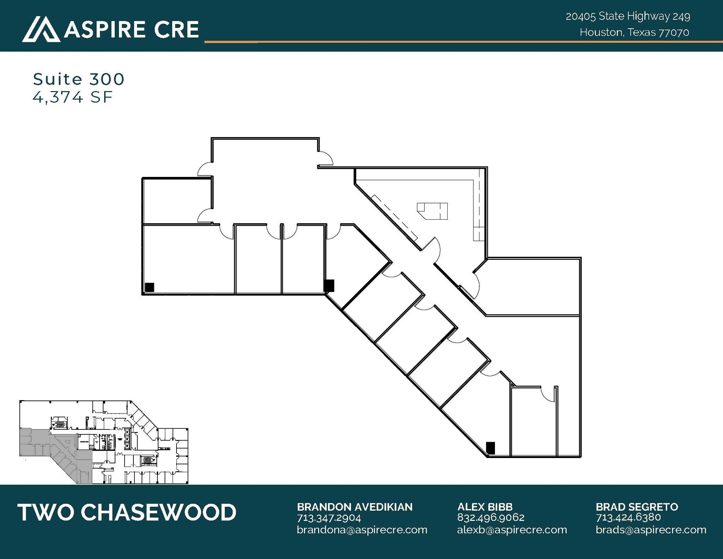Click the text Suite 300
pos(78,79)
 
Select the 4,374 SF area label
pos(72,97)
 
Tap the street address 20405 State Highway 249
pos(628,16)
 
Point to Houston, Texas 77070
pos(634,32)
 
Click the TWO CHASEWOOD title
pos(127,512)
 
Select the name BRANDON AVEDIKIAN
pos(354,507)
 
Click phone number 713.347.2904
pos(329,518)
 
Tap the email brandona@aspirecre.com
pos(362,530)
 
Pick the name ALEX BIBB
pos(485,507)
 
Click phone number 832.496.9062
pos(490,518)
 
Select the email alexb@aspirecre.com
pos(512,530)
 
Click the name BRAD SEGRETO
pos(637,507)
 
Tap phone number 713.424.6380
pos(628,518)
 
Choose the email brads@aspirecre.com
pos(651,530)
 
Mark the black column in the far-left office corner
pos(150,287)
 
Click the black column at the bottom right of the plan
pos(490,448)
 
